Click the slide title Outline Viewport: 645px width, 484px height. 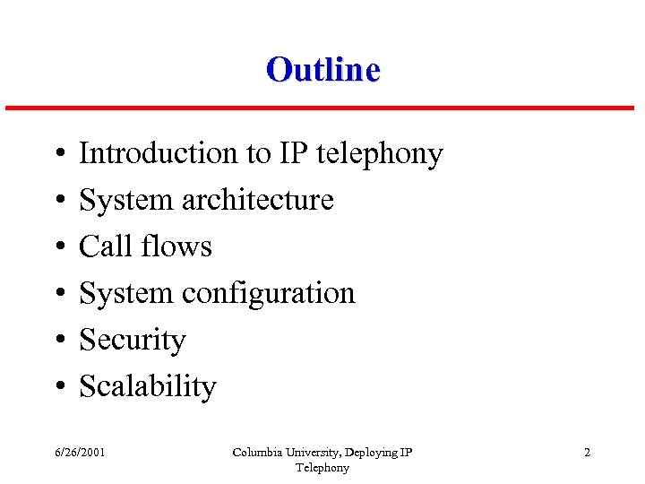(x=322, y=69)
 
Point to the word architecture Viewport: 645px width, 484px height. (x=257, y=200)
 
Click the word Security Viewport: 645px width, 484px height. (x=133, y=341)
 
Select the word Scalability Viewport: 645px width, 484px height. (x=148, y=387)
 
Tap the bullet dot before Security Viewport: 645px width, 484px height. (x=57, y=341)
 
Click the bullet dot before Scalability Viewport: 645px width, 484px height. (x=57, y=388)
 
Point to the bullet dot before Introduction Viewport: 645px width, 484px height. (x=57, y=155)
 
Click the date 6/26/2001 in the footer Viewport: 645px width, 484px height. (x=80, y=453)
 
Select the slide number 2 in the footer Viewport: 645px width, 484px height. (x=587, y=453)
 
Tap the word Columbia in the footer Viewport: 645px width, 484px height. (x=255, y=453)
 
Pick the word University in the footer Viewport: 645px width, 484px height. (x=309, y=453)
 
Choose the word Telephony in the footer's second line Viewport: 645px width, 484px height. (x=322, y=468)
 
